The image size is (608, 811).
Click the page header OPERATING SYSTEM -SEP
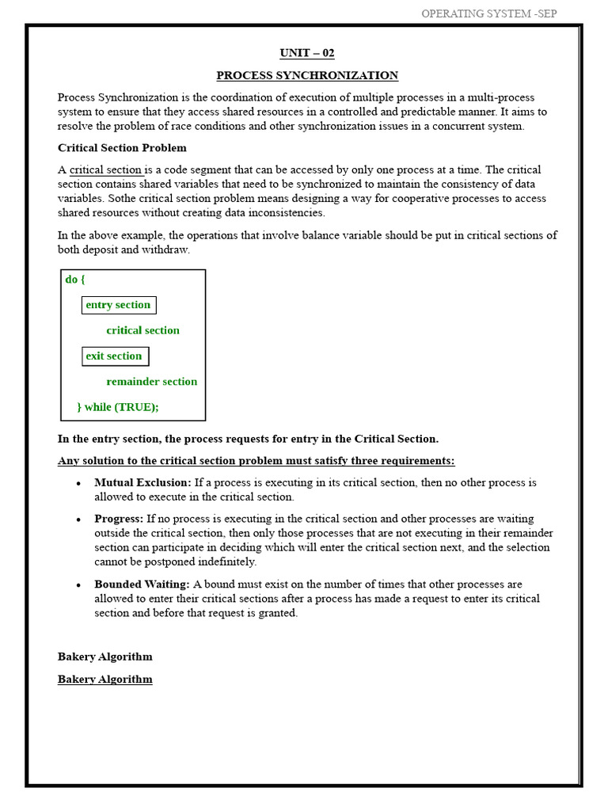tap(488, 13)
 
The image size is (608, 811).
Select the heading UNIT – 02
tap(307, 53)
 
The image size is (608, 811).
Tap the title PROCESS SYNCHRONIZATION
tap(307, 75)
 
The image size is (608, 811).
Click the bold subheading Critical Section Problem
tap(122, 147)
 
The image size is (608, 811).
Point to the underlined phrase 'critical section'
tap(106, 169)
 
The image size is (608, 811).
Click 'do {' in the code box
tap(75, 280)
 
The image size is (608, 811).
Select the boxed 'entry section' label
tap(118, 305)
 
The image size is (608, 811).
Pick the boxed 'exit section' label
tap(115, 356)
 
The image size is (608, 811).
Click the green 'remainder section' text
tap(152, 381)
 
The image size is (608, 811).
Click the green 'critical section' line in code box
tap(142, 330)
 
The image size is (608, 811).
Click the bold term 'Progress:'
tap(119, 519)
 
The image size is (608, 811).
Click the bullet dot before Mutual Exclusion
tap(78, 483)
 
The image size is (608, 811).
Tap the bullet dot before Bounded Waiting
tap(78, 585)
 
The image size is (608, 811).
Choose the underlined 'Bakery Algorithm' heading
tap(104, 679)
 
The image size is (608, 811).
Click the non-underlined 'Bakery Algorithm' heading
tap(104, 657)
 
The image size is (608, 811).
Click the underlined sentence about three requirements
tap(256, 461)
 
